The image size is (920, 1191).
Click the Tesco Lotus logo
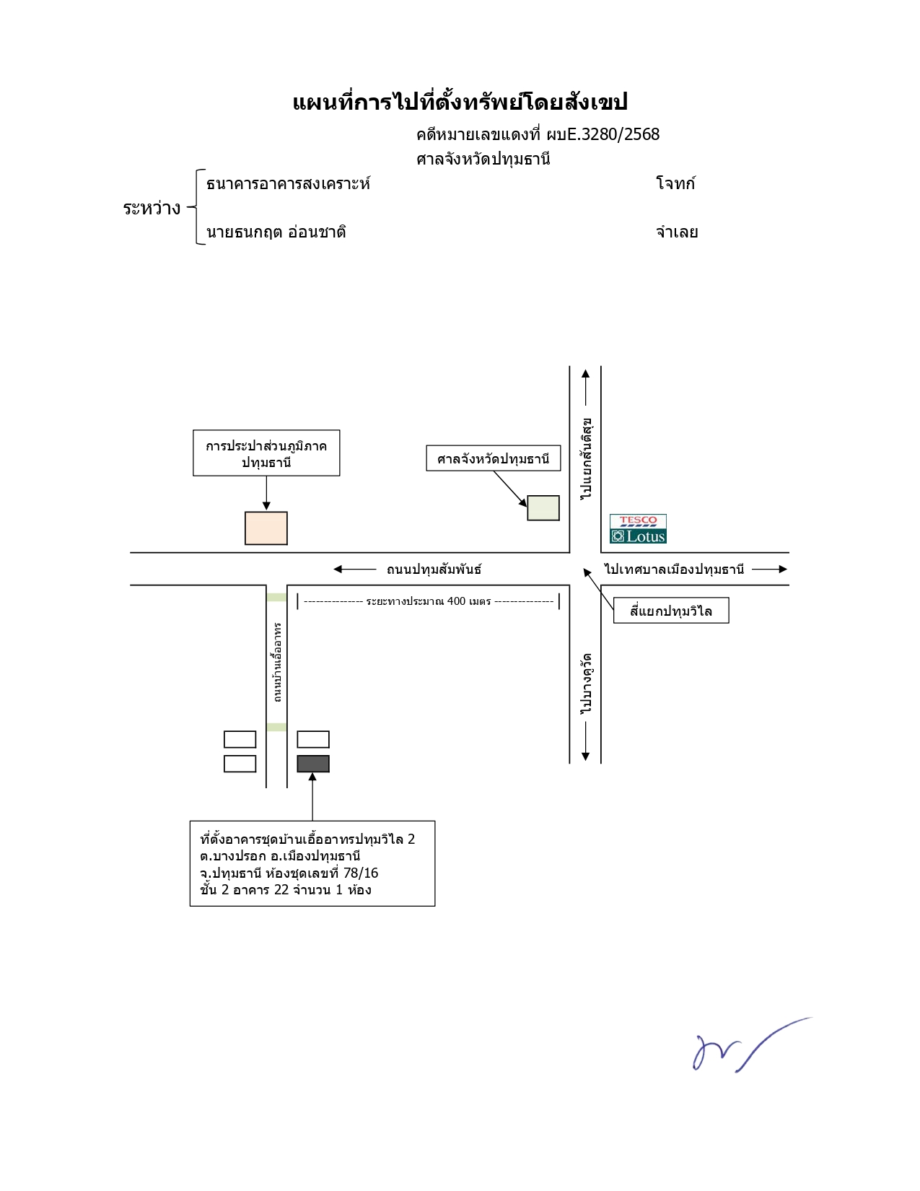[638, 529]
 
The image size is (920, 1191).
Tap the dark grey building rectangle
[313, 764]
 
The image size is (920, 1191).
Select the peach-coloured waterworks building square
[266, 528]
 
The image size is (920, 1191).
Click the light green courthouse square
[543, 507]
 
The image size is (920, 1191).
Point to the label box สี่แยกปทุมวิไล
[670, 610]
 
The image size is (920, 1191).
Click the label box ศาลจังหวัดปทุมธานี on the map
[493, 458]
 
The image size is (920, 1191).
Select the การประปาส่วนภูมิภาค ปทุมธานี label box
[266, 453]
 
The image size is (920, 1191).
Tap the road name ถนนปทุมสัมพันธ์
[434, 570]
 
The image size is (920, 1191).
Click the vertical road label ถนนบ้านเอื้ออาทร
[277, 662]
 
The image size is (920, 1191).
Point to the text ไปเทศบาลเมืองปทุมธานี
[674, 569]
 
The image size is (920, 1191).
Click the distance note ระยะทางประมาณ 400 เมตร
[429, 601]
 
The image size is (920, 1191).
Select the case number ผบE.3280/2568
[603, 134]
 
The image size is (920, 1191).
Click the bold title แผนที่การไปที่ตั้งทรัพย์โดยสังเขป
[460, 102]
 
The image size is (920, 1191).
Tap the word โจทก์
[675, 183]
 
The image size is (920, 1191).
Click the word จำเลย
[677, 232]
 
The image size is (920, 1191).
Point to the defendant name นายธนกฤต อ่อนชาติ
[276, 232]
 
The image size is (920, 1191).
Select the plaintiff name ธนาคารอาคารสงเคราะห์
[288, 183]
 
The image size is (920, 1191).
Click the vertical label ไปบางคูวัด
[586, 684]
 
